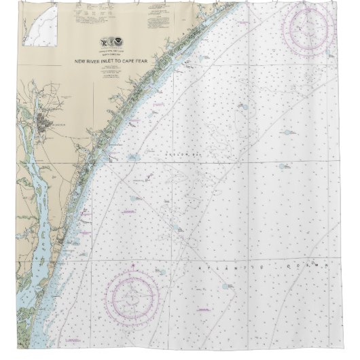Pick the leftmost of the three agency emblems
[104, 41]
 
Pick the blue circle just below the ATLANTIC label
[223, 287]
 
